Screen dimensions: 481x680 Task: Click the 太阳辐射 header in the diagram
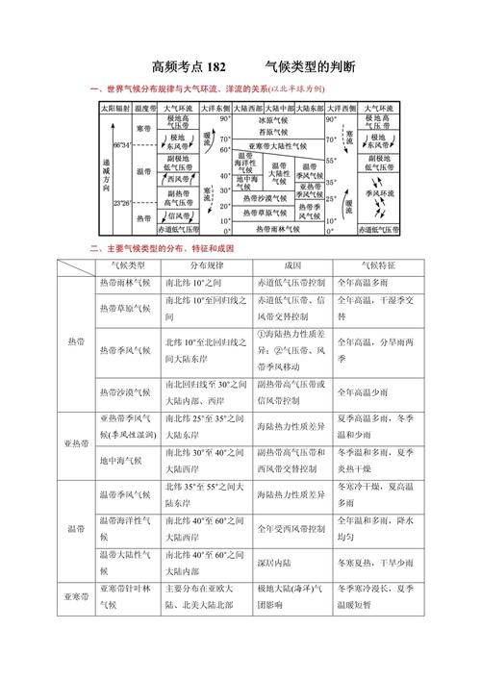pyautogui.click(x=113, y=110)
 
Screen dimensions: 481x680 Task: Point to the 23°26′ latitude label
pyautogui.click(x=121, y=204)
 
